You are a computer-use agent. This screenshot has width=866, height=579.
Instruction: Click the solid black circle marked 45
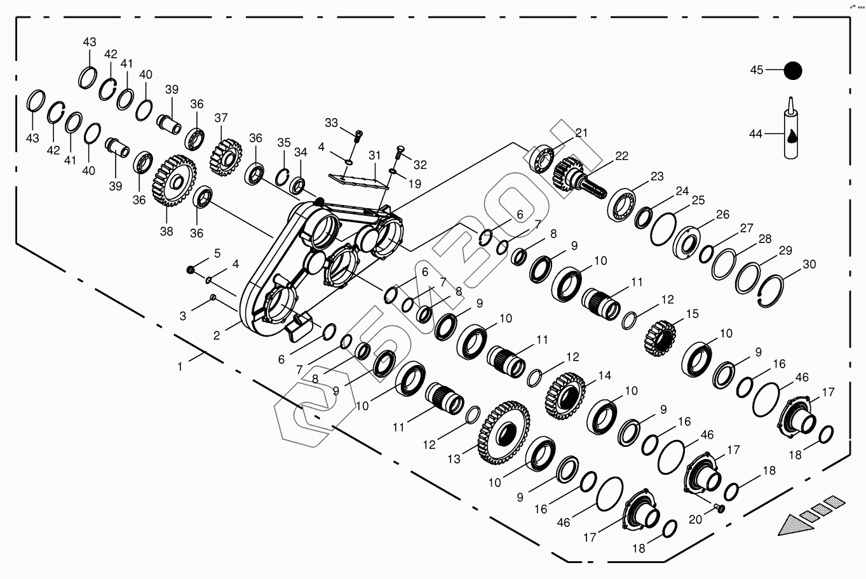[792, 70]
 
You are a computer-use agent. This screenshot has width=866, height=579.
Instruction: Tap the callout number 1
[180, 366]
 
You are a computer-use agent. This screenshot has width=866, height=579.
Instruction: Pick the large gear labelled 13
[504, 434]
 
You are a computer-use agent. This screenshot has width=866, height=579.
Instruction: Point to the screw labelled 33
[358, 135]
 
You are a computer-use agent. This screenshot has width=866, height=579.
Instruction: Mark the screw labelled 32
[401, 151]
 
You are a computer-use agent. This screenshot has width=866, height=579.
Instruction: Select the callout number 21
[582, 133]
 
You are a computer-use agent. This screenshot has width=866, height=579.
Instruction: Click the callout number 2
[217, 336]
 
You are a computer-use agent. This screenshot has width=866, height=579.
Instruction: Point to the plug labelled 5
[189, 270]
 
